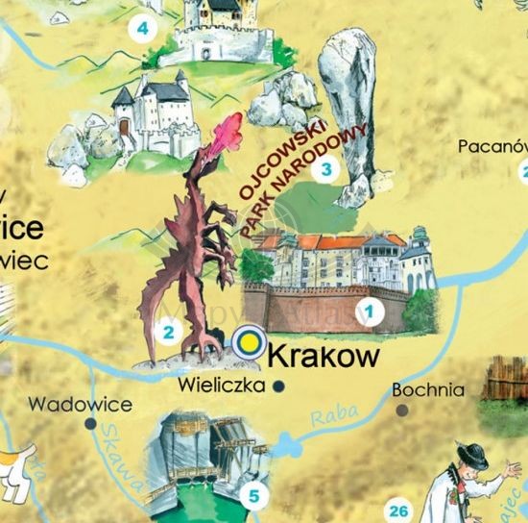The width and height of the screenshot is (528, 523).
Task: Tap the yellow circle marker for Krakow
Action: (x=250, y=340)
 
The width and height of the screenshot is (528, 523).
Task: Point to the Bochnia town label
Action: (x=428, y=390)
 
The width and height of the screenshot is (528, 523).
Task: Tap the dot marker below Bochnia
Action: (x=402, y=410)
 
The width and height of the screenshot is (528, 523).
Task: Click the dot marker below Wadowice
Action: (x=90, y=422)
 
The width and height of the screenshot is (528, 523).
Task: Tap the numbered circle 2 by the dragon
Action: (x=168, y=334)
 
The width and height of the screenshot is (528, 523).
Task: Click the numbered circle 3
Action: (x=327, y=171)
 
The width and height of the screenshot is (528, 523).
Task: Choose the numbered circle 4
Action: (x=143, y=28)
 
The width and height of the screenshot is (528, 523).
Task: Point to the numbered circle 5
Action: (x=253, y=497)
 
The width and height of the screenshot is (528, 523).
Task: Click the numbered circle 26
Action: (x=400, y=511)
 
